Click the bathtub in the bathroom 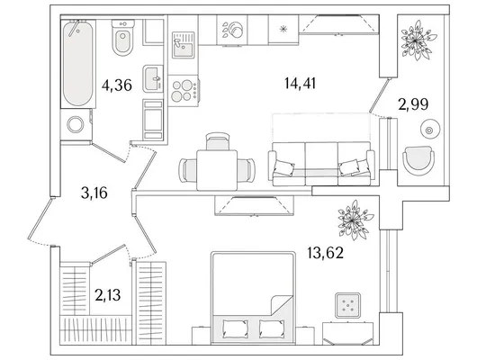point(78,64)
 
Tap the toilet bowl point(123,38)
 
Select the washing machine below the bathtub point(76,124)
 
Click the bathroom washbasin point(153,78)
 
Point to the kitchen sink point(183,45)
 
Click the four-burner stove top point(184,91)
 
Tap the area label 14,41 point(301,83)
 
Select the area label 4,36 point(117,85)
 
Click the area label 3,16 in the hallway point(94,193)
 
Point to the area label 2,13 point(108,295)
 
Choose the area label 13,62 point(325,253)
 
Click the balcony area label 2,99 point(413,104)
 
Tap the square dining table point(217,170)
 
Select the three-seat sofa point(321,164)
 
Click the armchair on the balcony point(418,161)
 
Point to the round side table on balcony point(429,130)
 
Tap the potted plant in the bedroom point(355,220)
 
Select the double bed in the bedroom point(253,298)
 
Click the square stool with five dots point(347,305)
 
